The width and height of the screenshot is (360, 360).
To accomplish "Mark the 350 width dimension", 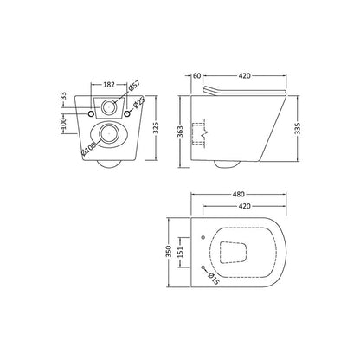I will (x=170, y=252).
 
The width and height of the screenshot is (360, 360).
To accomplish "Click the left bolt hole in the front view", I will (x=91, y=112).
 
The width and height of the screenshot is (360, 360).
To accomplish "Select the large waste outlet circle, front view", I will (x=109, y=134).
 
